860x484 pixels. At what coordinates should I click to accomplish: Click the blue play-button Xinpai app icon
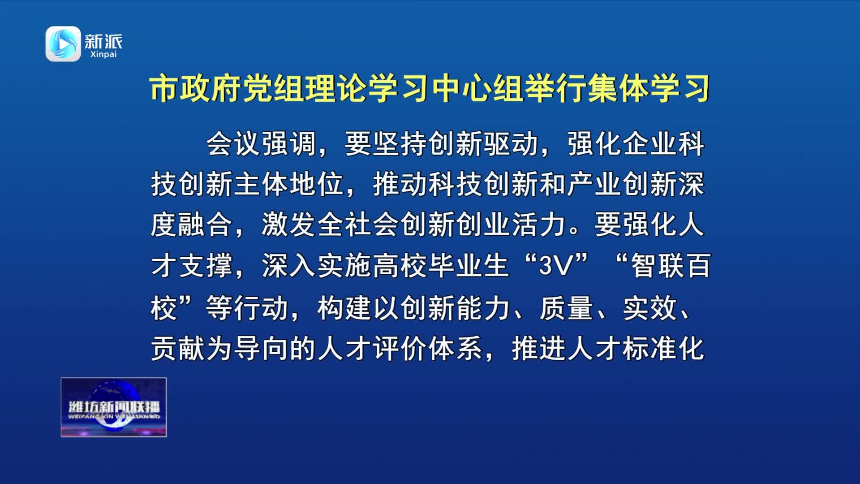tap(63, 43)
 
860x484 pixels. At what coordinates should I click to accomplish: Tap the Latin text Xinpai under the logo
tap(103, 54)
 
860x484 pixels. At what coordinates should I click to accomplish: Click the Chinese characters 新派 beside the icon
tap(103, 41)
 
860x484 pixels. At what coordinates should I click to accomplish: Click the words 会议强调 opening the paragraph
tap(262, 144)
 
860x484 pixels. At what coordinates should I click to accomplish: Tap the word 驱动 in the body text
tap(511, 144)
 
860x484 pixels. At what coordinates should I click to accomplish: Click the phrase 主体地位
tap(289, 184)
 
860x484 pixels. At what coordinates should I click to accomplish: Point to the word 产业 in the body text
tap(594, 184)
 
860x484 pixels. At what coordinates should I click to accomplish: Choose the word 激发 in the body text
tap(289, 224)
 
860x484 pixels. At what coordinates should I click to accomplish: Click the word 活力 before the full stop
tap(539, 224)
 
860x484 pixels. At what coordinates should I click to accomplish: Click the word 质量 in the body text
tap(567, 308)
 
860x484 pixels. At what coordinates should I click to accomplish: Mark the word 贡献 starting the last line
tap(178, 348)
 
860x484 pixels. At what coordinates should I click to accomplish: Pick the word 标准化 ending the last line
tap(664, 348)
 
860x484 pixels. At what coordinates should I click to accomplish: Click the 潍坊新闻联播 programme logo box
tap(114, 407)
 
